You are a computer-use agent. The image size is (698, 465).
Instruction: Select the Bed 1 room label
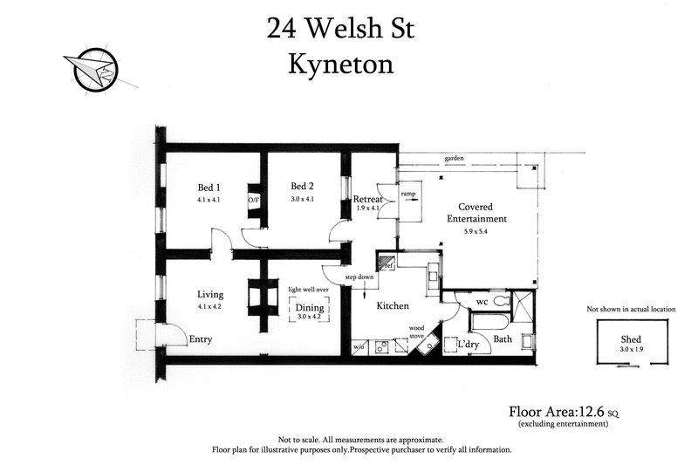(209, 188)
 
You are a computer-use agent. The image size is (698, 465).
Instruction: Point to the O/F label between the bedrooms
(254, 200)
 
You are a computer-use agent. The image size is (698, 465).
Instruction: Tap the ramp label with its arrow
(408, 194)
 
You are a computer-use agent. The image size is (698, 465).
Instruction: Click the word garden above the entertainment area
(454, 159)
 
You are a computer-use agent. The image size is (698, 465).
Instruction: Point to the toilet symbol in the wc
(501, 302)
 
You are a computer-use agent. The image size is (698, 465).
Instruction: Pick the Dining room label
(310, 308)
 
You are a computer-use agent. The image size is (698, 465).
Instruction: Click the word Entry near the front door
(200, 339)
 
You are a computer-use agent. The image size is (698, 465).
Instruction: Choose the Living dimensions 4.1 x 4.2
(210, 306)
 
